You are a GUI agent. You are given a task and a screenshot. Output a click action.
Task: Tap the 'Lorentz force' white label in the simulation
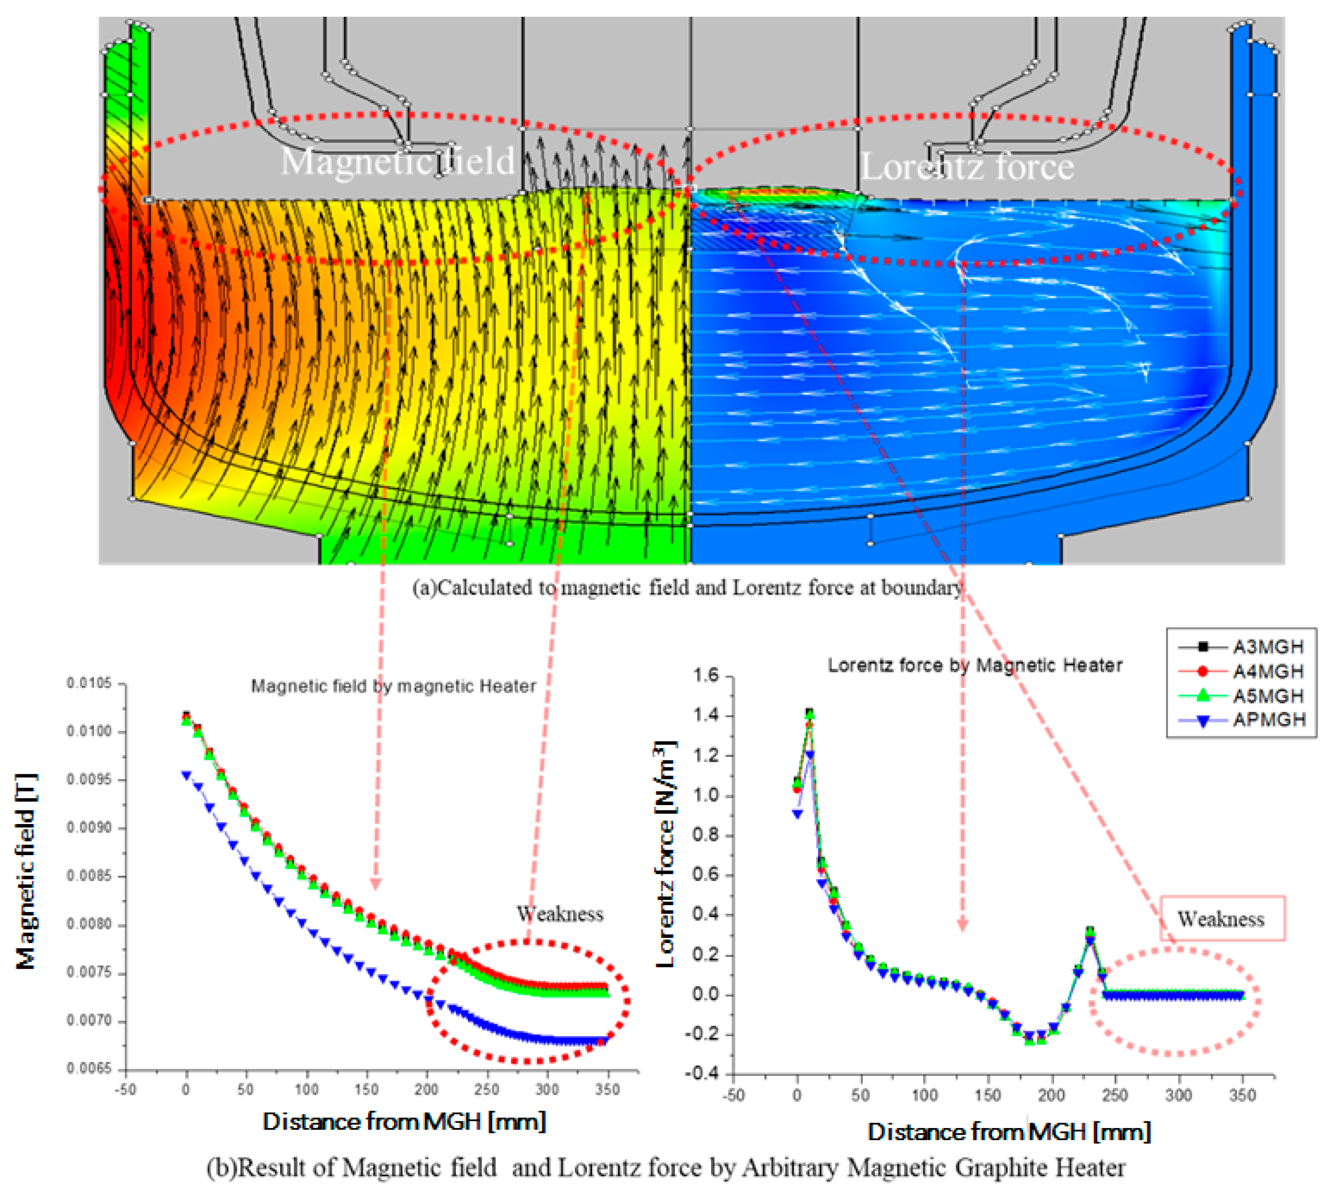(x=967, y=166)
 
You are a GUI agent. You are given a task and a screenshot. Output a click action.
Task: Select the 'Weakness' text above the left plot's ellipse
(x=560, y=913)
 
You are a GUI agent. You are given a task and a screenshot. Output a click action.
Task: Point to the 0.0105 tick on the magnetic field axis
(x=89, y=684)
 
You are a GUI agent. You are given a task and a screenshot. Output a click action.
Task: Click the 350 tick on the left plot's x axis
(x=608, y=1089)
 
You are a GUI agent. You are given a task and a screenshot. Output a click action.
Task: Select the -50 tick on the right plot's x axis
(x=733, y=1095)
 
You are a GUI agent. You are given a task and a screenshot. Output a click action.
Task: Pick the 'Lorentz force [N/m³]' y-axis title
(x=666, y=854)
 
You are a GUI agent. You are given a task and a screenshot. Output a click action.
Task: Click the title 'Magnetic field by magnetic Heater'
(x=394, y=686)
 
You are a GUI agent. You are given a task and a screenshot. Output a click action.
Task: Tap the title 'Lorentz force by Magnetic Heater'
(x=974, y=665)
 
